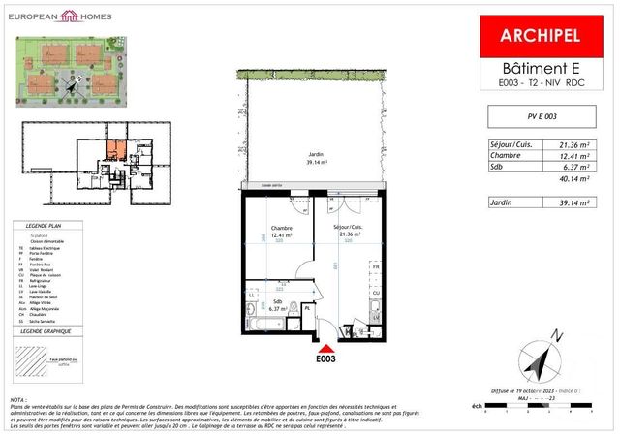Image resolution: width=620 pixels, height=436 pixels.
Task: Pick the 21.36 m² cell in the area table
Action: coord(582,143)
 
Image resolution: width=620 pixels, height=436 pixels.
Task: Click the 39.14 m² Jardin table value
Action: coord(582,203)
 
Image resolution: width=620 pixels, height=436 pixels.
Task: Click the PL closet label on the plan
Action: coord(306,309)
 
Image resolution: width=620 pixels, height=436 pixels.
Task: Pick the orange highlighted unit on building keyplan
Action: coord(114,150)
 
